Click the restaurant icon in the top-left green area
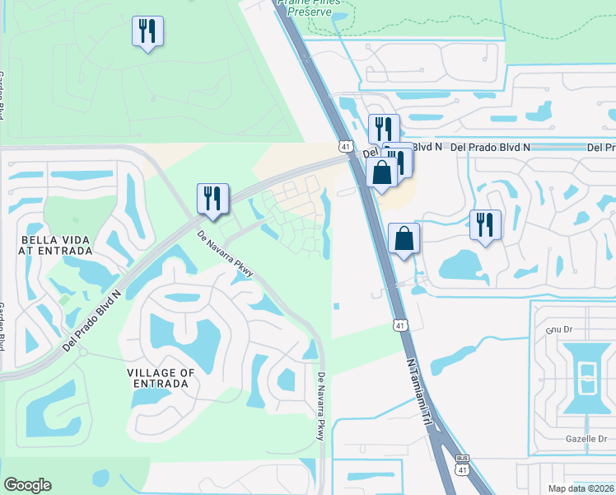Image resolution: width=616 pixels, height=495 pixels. pyautogui.click(x=147, y=32)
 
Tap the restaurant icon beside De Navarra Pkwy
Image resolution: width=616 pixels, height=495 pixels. pyautogui.click(x=212, y=199)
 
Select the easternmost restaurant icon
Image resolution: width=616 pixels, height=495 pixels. pyautogui.click(x=485, y=224)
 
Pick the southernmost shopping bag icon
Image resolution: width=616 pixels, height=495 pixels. pyautogui.click(x=404, y=239)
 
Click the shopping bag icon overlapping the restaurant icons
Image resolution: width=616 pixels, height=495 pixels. pyautogui.click(x=381, y=173)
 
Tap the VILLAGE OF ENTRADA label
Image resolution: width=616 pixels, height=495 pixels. pyautogui.click(x=161, y=378)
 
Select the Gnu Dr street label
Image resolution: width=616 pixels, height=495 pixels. pyautogui.click(x=558, y=328)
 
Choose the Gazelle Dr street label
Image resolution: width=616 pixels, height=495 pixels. pyautogui.click(x=586, y=440)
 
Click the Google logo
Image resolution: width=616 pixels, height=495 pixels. pyautogui.click(x=27, y=485)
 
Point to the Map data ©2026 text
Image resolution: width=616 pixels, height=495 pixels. pyautogui.click(x=581, y=488)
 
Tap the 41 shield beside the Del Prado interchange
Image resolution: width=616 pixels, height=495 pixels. pyautogui.click(x=345, y=146)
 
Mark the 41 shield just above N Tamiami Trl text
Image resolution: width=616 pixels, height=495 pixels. pyautogui.click(x=399, y=325)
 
